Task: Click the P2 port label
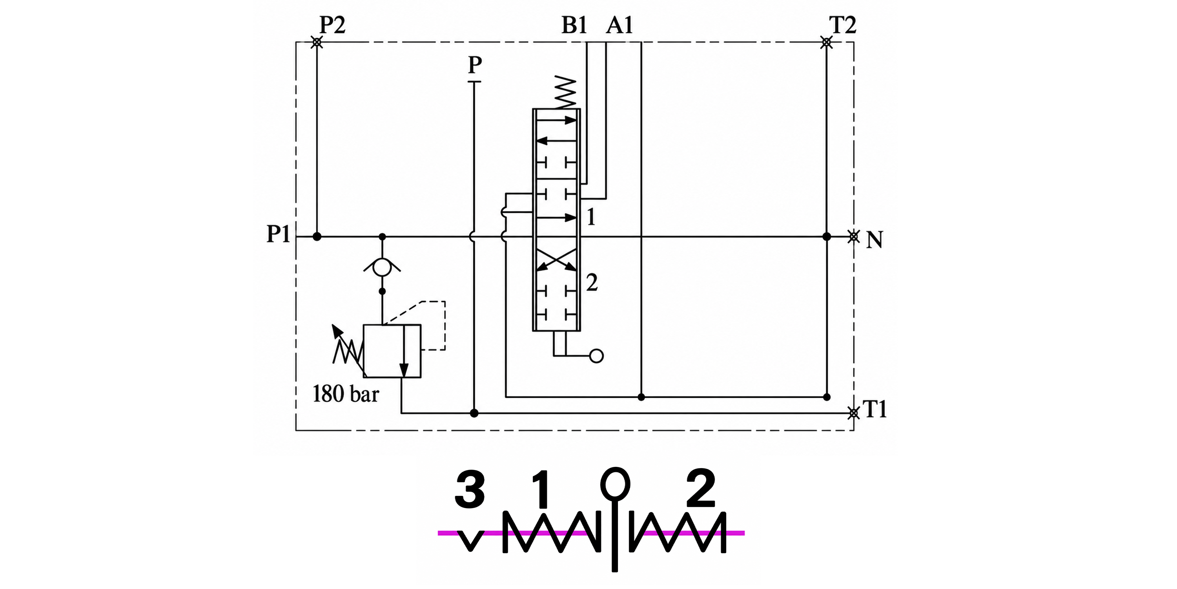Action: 332,25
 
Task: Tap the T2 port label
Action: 843,25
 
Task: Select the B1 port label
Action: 574,25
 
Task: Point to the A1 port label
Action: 619,25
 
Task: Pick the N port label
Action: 875,240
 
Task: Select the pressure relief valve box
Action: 392,351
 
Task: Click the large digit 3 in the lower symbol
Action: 470,491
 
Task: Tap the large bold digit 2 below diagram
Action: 701,488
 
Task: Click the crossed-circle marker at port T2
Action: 827,42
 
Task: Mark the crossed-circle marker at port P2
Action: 317,42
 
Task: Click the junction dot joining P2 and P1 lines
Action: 317,236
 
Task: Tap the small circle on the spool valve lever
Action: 596,356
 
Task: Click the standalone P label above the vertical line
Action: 475,65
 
